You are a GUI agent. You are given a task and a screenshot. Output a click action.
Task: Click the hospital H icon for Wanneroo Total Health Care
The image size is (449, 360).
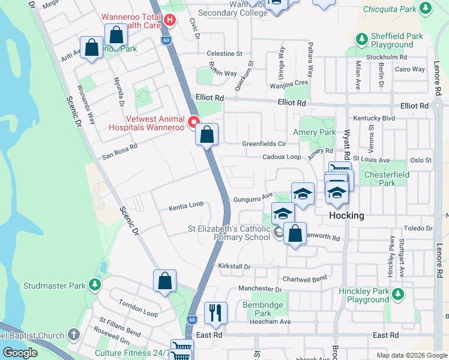pyautogui.click(x=169, y=20)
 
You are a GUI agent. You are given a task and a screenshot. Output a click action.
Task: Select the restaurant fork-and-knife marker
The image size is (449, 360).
pyautogui.click(x=215, y=313)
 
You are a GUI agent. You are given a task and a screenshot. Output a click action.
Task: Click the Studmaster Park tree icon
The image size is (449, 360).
pyautogui.click(x=94, y=284)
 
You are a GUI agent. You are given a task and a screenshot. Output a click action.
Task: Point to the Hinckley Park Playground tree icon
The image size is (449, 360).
pyautogui.click(x=397, y=295)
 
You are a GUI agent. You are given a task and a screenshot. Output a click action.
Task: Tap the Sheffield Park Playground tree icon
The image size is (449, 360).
pyautogui.click(x=361, y=40)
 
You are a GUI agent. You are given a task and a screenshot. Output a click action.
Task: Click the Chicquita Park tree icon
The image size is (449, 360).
pyautogui.click(x=426, y=9)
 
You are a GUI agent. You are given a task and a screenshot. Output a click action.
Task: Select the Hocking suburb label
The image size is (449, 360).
pyautogui.click(x=346, y=216)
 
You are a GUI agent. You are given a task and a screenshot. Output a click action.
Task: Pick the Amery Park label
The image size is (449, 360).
pyautogui.click(x=314, y=132)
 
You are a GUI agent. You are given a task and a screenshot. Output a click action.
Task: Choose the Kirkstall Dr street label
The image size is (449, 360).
pyautogui.click(x=234, y=266)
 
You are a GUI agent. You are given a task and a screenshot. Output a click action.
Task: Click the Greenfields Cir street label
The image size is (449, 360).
pyautogui.click(x=264, y=144)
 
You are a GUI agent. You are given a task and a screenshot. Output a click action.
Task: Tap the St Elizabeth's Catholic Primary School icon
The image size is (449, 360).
pyautogui.click(x=279, y=232)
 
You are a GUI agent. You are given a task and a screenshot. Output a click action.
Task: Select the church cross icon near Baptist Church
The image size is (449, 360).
pyautogui.click(x=73, y=334)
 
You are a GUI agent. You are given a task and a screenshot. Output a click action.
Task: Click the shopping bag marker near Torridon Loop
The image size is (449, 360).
pyautogui.click(x=164, y=280)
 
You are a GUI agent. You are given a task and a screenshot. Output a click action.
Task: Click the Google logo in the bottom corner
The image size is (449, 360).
pyautogui.click(x=19, y=353)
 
